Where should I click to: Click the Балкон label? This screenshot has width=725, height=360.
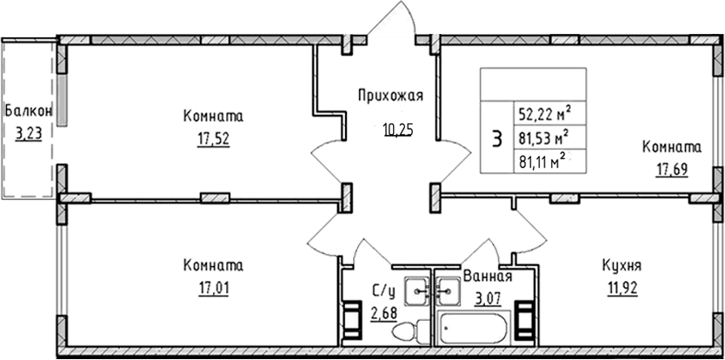pyautogui.click(x=28, y=111)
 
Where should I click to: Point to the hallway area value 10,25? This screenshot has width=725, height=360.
pyautogui.click(x=398, y=130)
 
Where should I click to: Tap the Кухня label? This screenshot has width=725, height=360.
pyautogui.click(x=622, y=265)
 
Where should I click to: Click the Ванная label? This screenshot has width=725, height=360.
pyautogui.click(x=486, y=277)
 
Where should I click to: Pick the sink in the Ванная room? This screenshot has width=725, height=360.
pyautogui.click(x=448, y=288)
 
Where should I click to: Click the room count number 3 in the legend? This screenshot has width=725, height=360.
pyautogui.click(x=496, y=138)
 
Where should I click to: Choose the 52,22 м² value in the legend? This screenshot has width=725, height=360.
pyautogui.click(x=544, y=113)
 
